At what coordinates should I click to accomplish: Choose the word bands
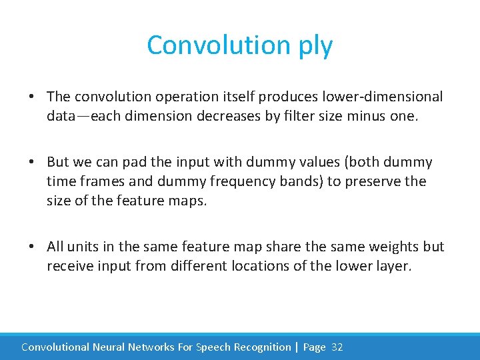click(x=271, y=181)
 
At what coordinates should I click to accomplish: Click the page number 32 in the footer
click(x=337, y=347)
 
